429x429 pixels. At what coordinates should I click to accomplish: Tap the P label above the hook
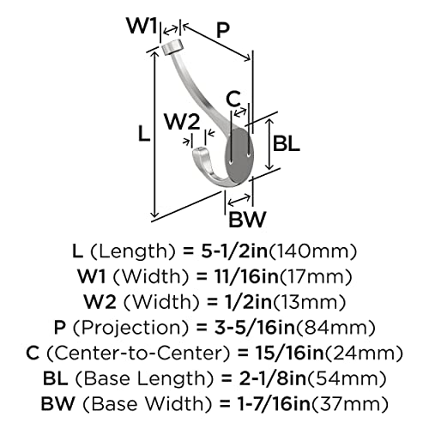[223, 30]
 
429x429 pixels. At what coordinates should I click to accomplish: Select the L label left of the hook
[144, 133]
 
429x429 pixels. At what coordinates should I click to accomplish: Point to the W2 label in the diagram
[182, 122]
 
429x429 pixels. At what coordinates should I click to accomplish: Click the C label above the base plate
[233, 99]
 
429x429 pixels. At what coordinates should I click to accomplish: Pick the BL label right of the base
[287, 143]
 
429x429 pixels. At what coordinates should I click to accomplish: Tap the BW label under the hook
[247, 219]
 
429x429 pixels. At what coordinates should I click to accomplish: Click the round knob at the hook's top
[172, 47]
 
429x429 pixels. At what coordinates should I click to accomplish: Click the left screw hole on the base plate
[231, 162]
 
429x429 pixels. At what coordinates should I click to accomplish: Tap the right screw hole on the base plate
[249, 155]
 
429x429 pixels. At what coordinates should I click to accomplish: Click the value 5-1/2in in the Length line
[234, 251]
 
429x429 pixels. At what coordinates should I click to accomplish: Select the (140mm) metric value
[313, 251]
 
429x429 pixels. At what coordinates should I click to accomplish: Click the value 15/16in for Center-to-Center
[288, 353]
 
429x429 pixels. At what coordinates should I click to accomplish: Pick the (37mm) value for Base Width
[349, 403]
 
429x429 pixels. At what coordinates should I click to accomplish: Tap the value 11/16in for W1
[246, 276]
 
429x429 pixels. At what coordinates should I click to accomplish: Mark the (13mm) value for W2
[308, 302]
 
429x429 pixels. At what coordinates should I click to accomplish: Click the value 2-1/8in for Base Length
[273, 378]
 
